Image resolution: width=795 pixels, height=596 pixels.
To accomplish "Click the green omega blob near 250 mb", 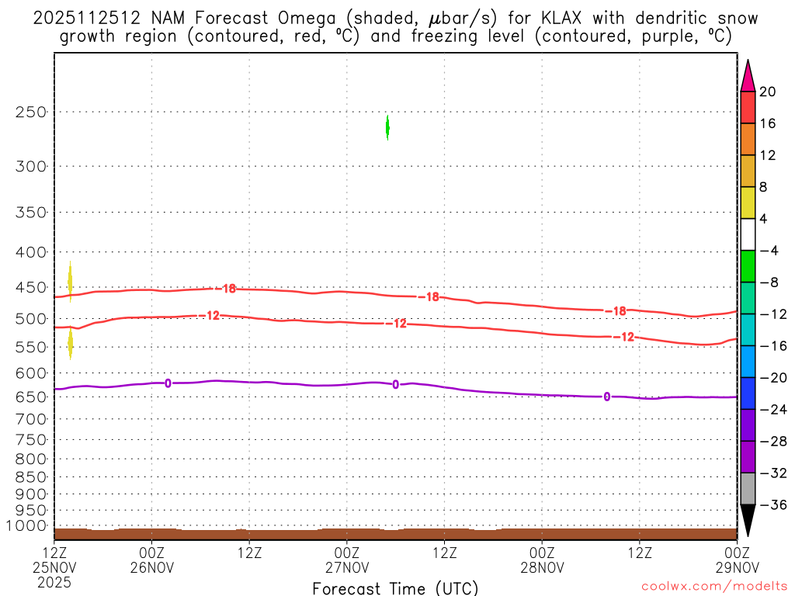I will point(387,126).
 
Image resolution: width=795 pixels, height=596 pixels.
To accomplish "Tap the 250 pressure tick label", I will point(31,112).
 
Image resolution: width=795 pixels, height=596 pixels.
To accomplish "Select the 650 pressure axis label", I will point(31,397).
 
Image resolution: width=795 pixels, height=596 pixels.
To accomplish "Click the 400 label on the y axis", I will point(31,252).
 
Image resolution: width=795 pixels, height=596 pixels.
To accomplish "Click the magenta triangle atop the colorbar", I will point(748,76).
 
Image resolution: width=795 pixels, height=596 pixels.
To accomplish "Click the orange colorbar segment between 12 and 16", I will point(748,140).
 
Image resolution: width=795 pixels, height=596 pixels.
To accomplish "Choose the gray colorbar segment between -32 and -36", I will point(748,489).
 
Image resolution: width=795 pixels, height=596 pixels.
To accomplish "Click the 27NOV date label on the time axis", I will point(346,567).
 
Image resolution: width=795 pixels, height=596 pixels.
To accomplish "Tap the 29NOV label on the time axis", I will point(736,567).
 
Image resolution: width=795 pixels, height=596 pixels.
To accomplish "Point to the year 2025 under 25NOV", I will point(54,581).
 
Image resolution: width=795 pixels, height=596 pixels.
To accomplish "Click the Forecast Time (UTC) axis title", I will point(395,588).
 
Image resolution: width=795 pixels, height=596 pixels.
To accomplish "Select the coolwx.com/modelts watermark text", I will point(714,587).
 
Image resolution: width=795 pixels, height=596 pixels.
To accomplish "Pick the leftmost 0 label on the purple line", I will point(168,383).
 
